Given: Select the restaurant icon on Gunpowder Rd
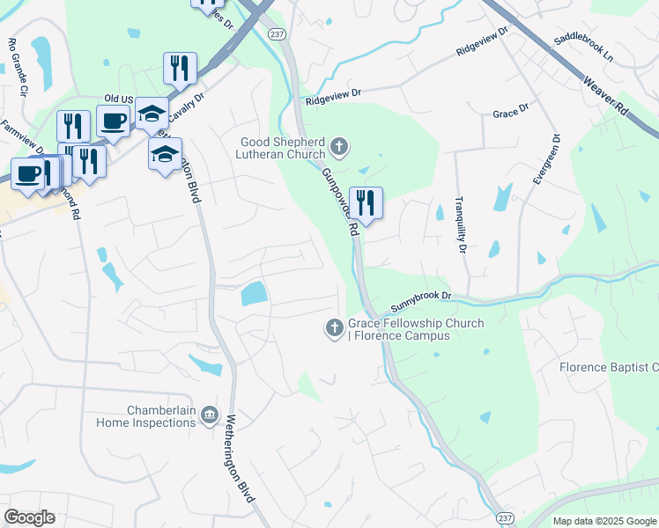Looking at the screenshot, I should pos(366,203).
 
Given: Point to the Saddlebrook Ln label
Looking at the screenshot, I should pos(582,48).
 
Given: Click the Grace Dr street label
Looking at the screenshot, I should pos(510,114).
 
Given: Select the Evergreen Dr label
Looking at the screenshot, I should pos(545,159).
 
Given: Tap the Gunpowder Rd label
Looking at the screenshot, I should pos(339,201).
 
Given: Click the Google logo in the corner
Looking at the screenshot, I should pos(29,517).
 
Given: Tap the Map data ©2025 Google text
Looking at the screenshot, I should pos(603,521).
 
